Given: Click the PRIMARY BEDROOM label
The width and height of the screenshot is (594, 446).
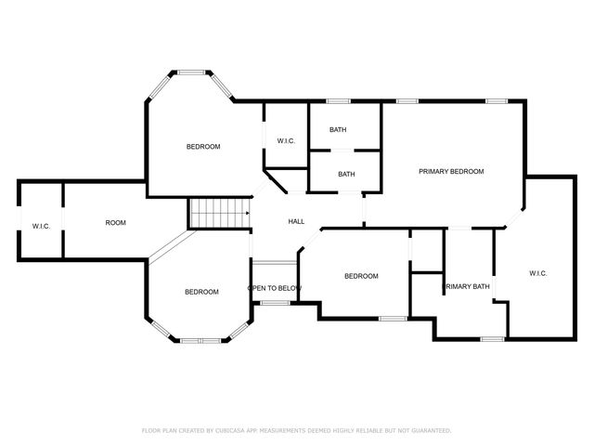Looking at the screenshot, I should (451, 171).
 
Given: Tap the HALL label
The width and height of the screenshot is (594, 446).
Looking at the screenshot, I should (296, 221).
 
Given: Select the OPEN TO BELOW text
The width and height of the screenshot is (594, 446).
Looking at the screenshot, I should (275, 288).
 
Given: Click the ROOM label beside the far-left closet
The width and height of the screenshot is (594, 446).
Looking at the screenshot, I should (115, 222).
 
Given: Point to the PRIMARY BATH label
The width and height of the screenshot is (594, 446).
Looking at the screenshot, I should (468, 286).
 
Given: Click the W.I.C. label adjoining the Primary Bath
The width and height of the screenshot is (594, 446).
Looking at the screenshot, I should (537, 273).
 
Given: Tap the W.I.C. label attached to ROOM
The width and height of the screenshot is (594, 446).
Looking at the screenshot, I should (41, 226).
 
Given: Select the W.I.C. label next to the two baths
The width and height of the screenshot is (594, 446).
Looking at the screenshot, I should (286, 141).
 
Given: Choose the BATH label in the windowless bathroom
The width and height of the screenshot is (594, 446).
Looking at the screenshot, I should (346, 174).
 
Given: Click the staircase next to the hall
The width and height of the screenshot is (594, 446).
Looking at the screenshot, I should (219, 213).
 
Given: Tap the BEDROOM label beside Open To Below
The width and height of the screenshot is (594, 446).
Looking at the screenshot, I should (361, 276).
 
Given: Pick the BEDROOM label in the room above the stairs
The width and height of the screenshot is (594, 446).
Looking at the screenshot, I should (203, 147).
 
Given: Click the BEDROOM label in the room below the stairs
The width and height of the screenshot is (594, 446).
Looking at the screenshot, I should (201, 292).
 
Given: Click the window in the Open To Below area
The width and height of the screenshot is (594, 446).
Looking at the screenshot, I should (274, 303).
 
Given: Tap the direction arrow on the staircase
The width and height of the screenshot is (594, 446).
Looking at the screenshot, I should (246, 213).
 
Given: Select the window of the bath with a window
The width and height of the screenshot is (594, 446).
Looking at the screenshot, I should (338, 100).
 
